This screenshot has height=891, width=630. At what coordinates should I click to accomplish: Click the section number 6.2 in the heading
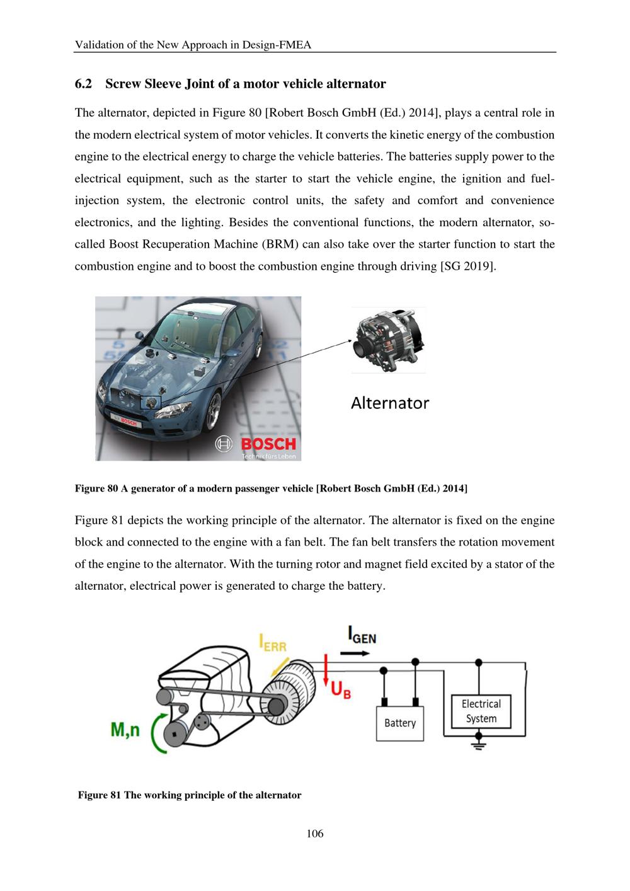coord(83,84)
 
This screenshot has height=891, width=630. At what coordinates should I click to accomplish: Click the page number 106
coord(315,834)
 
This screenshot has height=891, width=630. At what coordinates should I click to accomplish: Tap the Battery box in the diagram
coord(399,723)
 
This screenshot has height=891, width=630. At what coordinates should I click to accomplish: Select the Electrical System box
coord(481,711)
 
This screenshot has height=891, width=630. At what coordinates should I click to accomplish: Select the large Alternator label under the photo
coord(389,403)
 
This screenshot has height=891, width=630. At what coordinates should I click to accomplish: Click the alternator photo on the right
coord(389,340)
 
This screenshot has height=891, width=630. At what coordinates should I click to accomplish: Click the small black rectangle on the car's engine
coord(151,401)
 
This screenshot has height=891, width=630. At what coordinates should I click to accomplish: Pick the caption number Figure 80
coord(96,488)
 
